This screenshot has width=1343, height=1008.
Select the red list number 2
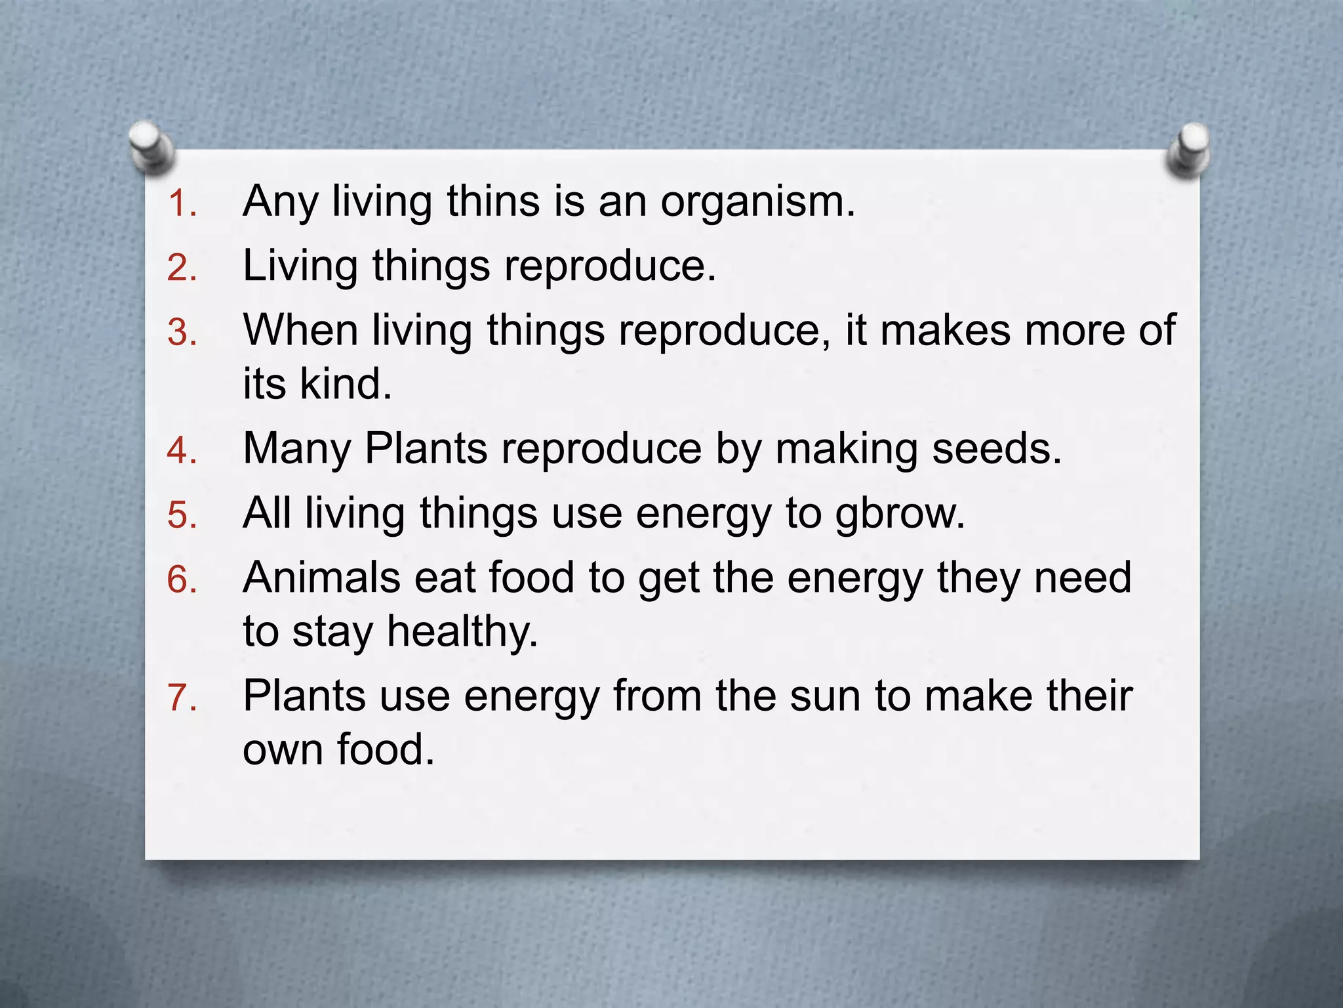(181, 268)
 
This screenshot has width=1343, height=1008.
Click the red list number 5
(181, 515)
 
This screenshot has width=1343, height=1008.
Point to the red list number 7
(181, 698)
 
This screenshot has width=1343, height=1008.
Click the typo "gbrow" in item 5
(893, 514)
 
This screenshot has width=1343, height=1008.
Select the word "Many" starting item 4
(297, 450)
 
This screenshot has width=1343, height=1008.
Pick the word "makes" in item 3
(944, 329)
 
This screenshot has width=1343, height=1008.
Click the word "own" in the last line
(282, 749)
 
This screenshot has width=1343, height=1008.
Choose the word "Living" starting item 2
(300, 266)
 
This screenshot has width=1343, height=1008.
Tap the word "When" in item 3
(300, 329)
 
